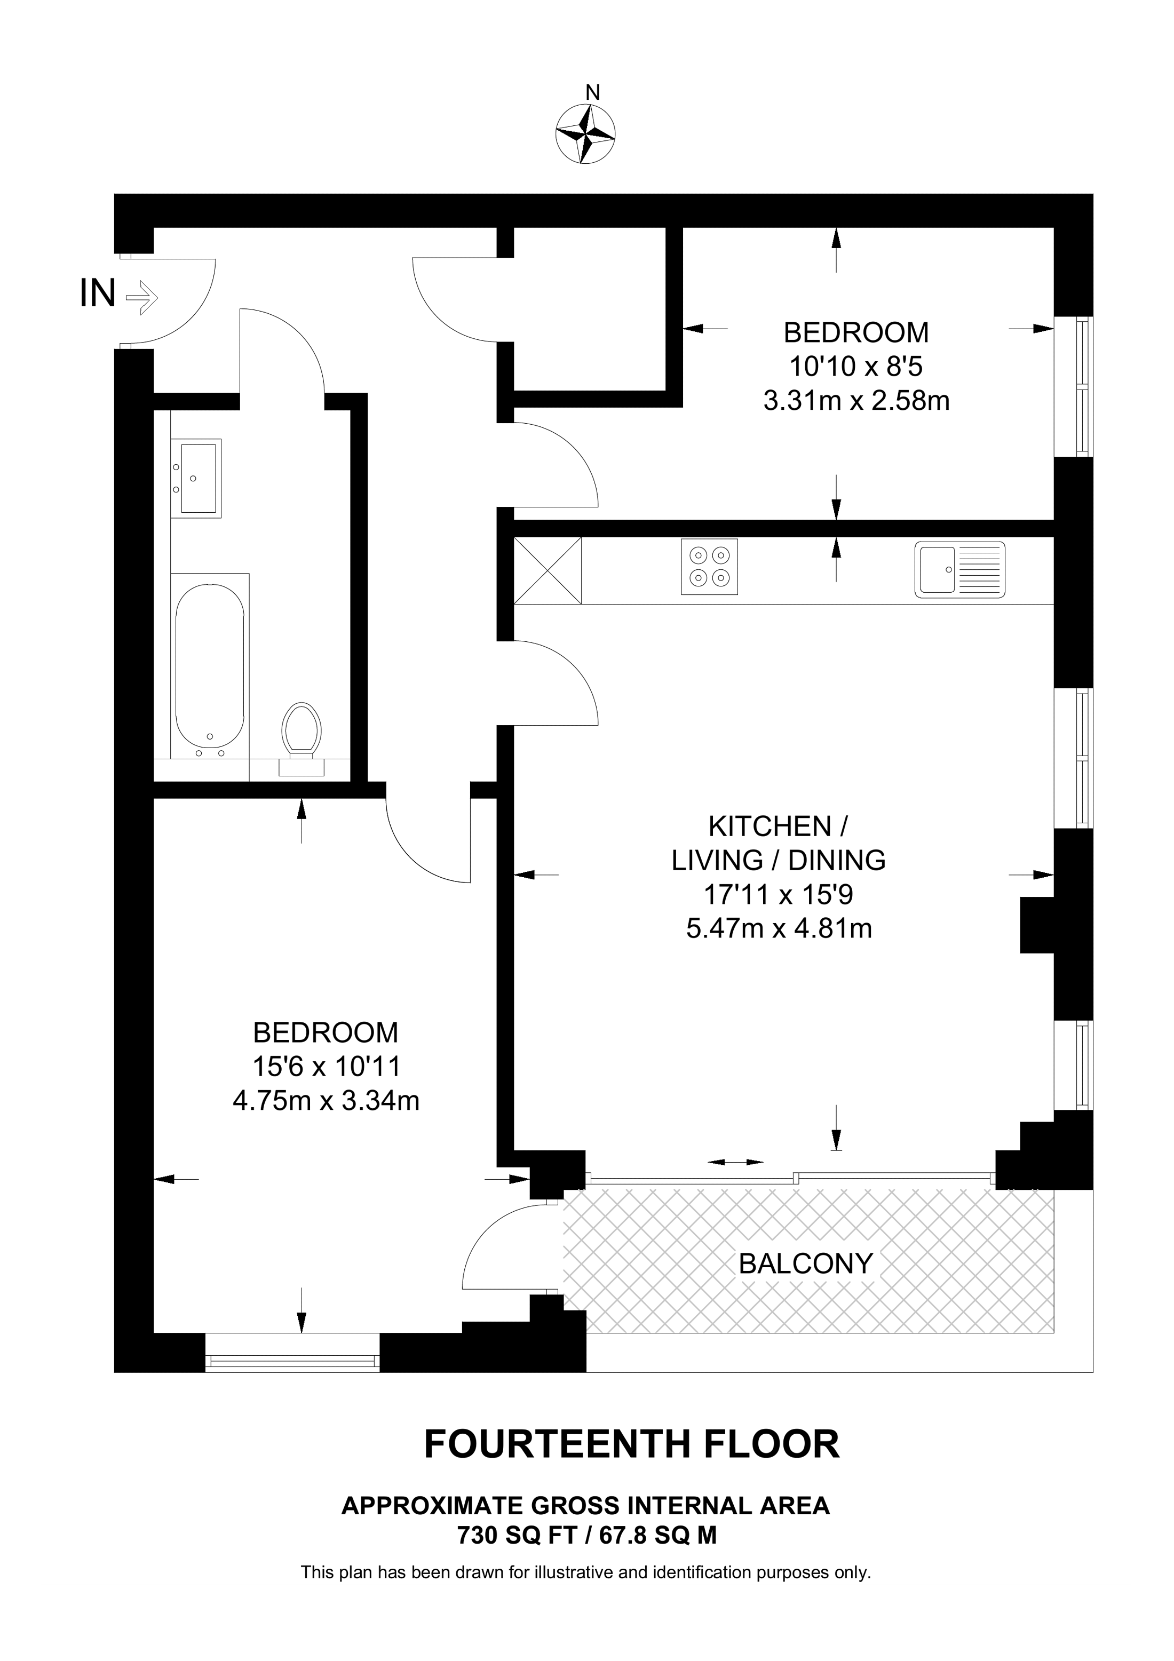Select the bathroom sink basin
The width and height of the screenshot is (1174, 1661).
click(197, 478)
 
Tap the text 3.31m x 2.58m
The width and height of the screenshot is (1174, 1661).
click(856, 400)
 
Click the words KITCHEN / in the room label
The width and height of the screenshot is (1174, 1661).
click(779, 825)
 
